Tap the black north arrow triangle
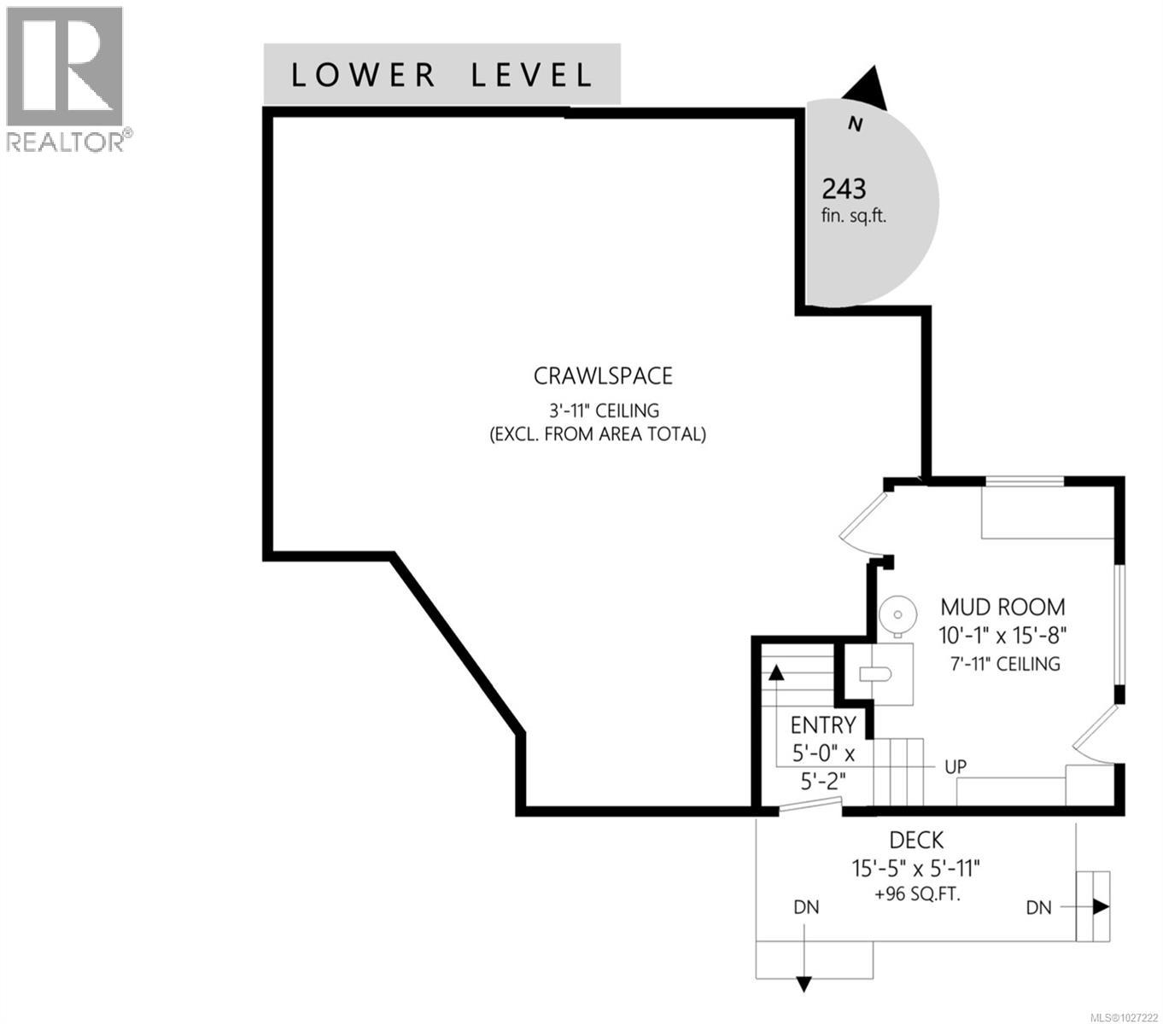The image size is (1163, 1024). (x=866, y=89)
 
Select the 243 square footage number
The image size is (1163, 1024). (x=844, y=189)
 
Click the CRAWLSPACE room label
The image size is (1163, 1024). (x=603, y=375)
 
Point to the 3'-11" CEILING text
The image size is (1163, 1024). (x=604, y=410)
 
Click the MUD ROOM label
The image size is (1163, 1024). (x=1002, y=607)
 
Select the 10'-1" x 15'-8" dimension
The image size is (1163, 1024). (x=1002, y=635)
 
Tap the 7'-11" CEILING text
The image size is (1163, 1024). (x=1005, y=664)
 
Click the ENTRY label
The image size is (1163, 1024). (x=823, y=725)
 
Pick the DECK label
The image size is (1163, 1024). (x=916, y=841)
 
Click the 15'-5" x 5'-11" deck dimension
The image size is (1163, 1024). (x=915, y=869)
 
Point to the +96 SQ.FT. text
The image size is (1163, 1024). (x=917, y=894)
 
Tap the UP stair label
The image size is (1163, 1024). (x=956, y=766)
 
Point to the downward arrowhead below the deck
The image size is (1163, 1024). (x=804, y=985)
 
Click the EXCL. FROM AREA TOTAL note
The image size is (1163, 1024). (x=598, y=435)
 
